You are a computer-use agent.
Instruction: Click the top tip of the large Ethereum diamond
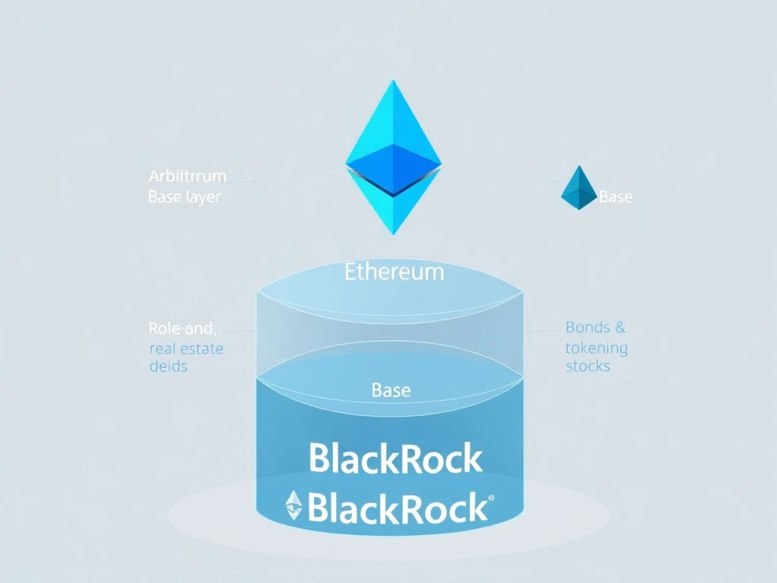click(393, 80)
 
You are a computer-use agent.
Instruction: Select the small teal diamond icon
click(579, 188)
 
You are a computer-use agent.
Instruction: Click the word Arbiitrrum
click(187, 177)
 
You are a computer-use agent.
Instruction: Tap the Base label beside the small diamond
click(615, 197)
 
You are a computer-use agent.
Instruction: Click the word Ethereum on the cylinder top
click(394, 272)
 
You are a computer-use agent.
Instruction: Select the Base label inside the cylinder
click(392, 391)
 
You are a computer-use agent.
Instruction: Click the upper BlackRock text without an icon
click(395, 459)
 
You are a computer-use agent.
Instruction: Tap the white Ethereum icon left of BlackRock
click(294, 506)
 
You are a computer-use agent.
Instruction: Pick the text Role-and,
click(183, 329)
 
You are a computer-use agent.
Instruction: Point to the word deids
click(168, 366)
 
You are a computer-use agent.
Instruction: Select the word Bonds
click(587, 328)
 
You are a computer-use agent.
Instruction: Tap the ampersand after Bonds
click(620, 328)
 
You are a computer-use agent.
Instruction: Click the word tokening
click(596, 348)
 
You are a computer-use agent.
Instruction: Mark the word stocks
click(587, 366)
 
